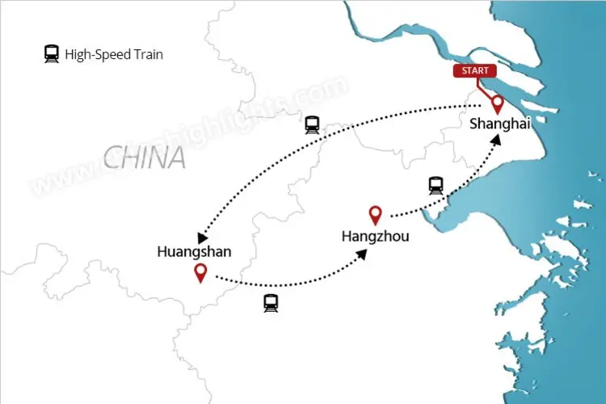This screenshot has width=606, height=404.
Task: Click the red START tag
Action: [x=475, y=70]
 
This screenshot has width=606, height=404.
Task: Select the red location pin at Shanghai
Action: [x=497, y=103]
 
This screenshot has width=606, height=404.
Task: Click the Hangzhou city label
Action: [x=375, y=237]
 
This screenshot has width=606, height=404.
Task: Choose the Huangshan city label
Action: [x=194, y=252]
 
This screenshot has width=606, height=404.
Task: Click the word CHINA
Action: [x=145, y=157]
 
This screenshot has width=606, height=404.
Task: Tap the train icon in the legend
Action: [x=52, y=55]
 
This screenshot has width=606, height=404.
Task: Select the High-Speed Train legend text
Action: [x=114, y=55]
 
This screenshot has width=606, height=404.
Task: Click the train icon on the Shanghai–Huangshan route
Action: [x=312, y=124]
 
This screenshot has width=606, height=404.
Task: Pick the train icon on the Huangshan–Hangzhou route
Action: [x=270, y=303]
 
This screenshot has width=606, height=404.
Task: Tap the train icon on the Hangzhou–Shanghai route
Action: [x=436, y=185]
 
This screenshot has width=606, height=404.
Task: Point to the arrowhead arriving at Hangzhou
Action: [x=364, y=254]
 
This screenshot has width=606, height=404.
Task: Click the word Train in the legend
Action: [x=147, y=55]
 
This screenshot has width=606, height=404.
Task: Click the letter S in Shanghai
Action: [x=474, y=124]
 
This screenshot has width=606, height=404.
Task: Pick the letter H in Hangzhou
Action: [x=347, y=237]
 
